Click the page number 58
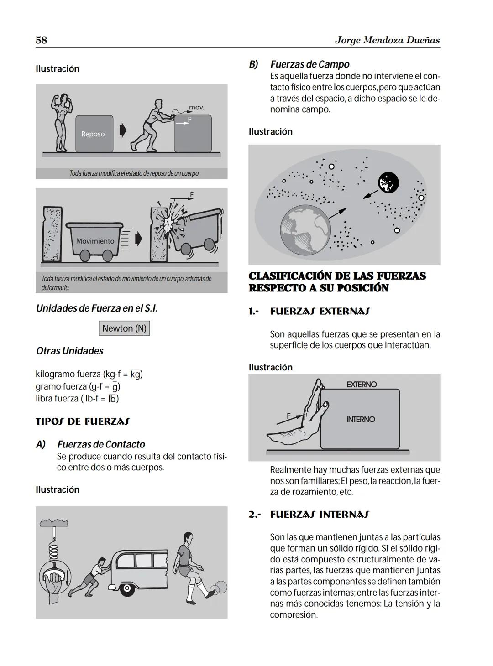[41, 40]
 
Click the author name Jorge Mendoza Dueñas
[387, 40]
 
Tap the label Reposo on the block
[93, 134]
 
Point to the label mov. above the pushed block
[196, 108]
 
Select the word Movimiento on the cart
[95, 241]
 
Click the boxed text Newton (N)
[124, 328]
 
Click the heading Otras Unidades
[69, 351]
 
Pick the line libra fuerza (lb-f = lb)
[77, 398]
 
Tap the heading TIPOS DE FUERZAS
[82, 421]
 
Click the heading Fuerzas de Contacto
[101, 444]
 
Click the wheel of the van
[127, 589]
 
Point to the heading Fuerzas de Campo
[309, 64]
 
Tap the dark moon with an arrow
[388, 182]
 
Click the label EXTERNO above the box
[362, 385]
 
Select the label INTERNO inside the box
[360, 419]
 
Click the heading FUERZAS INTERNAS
[320, 515]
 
